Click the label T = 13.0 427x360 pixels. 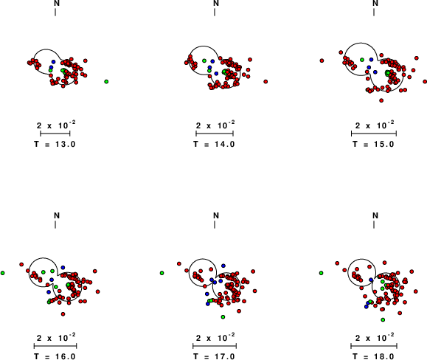pyautogui.click(x=55, y=144)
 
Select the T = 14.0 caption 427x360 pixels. pyautogui.click(x=214, y=144)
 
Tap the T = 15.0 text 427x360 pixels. pyautogui.click(x=373, y=144)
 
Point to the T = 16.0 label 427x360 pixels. pyautogui.click(x=55, y=356)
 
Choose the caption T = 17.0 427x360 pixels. pyautogui.click(x=214, y=356)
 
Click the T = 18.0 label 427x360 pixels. pyautogui.click(x=373, y=356)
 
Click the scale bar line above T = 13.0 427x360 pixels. pyautogui.click(x=55, y=134)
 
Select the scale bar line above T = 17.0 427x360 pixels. pyautogui.click(x=215, y=346)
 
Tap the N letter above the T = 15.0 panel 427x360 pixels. pyautogui.click(x=375, y=3)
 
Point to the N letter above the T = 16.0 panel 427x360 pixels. pyautogui.click(x=57, y=215)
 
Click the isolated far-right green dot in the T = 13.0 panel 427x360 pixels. pyautogui.click(x=106, y=81)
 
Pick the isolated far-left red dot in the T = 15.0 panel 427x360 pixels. pyautogui.click(x=322, y=60)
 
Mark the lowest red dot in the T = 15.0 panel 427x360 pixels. pyautogui.click(x=381, y=100)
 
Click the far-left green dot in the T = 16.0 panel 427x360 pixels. pyautogui.click(x=3, y=273)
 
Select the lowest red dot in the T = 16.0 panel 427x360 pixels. pyautogui.click(x=63, y=314)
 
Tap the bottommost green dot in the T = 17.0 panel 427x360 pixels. pyautogui.click(x=223, y=317)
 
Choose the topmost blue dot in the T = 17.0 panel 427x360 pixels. pyautogui.click(x=223, y=266)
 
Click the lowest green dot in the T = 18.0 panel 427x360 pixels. pyautogui.click(x=383, y=319)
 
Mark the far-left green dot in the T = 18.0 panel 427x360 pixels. pyautogui.click(x=321, y=273)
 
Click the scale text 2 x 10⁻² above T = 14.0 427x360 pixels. pyautogui.click(x=215, y=125)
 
